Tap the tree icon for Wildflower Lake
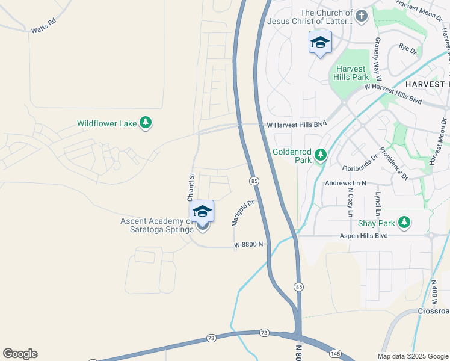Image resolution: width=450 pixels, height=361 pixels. click(x=145, y=123)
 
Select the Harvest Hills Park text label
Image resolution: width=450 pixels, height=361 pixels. click(x=352, y=73)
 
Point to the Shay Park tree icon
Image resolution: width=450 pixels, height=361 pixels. click(x=404, y=223)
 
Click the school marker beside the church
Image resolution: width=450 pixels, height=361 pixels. click(x=320, y=43)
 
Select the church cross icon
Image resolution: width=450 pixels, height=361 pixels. click(x=362, y=16)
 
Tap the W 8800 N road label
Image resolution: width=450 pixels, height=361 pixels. click(x=250, y=244)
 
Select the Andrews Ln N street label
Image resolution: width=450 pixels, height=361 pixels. click(x=345, y=182)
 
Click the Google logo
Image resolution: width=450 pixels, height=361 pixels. click(x=20, y=354)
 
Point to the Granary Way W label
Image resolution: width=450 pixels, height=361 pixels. click(x=378, y=55)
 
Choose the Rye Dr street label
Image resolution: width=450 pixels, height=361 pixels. click(x=408, y=48)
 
